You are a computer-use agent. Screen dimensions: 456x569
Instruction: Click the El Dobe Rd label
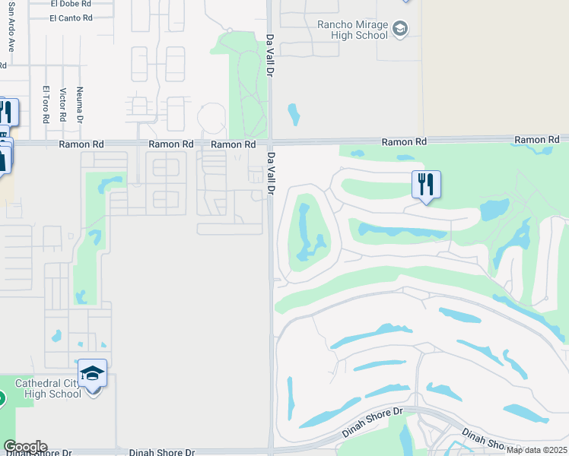(71, 3)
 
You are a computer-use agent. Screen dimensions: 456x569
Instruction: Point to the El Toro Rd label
(46, 105)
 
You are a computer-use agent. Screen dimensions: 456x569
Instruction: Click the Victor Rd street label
(63, 106)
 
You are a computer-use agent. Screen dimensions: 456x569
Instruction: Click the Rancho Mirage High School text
(352, 29)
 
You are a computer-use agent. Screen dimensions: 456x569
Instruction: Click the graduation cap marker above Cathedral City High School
(93, 373)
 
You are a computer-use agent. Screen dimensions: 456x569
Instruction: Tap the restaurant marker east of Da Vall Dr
(426, 184)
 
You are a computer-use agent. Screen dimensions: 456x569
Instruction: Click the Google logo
(25, 447)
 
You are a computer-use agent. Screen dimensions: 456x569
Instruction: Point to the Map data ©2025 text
(536, 450)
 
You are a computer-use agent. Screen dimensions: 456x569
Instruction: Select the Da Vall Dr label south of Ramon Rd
(269, 173)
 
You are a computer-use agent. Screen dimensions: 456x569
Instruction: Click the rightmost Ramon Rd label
(536, 140)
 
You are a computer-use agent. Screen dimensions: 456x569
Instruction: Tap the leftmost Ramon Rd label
(79, 144)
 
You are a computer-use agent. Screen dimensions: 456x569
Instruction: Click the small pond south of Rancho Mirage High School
(294, 114)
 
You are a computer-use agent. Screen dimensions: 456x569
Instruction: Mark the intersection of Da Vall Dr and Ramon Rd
(270, 142)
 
